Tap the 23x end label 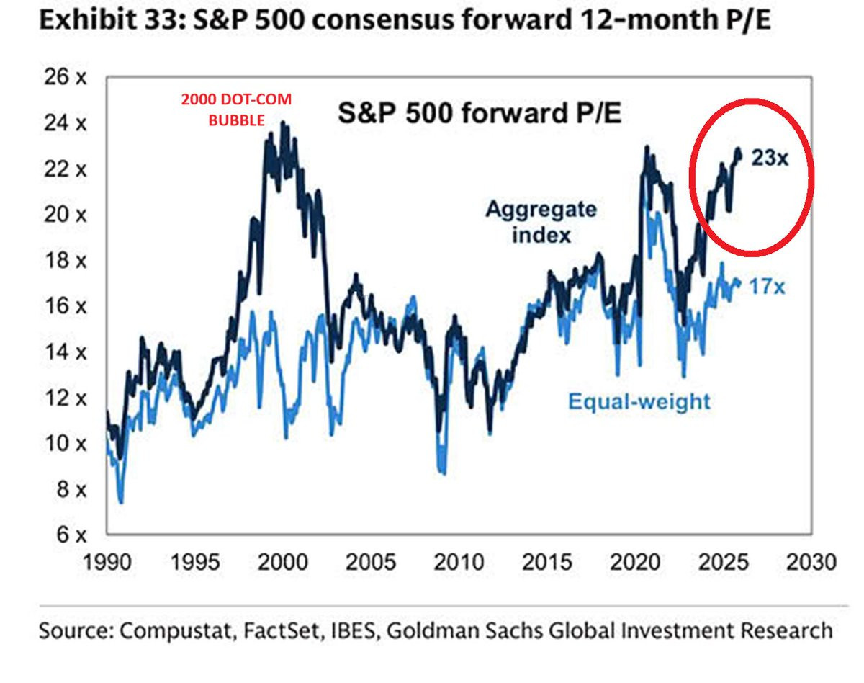point(770,158)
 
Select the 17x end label point(766,287)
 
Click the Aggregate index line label point(541,222)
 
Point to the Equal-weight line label point(639,401)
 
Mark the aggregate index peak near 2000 point(282,123)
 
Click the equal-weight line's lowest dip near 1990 point(121,501)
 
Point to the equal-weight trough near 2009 point(443,473)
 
